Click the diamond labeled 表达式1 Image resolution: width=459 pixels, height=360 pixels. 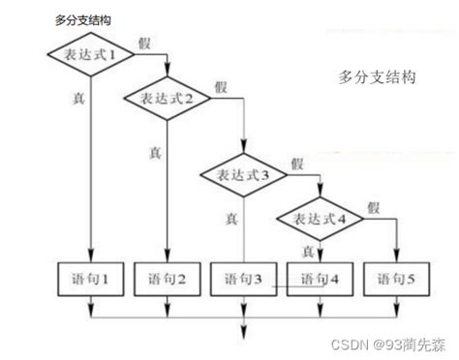click(x=90, y=56)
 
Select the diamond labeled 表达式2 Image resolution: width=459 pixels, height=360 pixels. click(x=168, y=98)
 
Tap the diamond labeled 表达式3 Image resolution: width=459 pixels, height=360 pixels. click(x=244, y=175)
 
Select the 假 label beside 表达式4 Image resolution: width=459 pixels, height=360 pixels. click(x=374, y=205)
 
